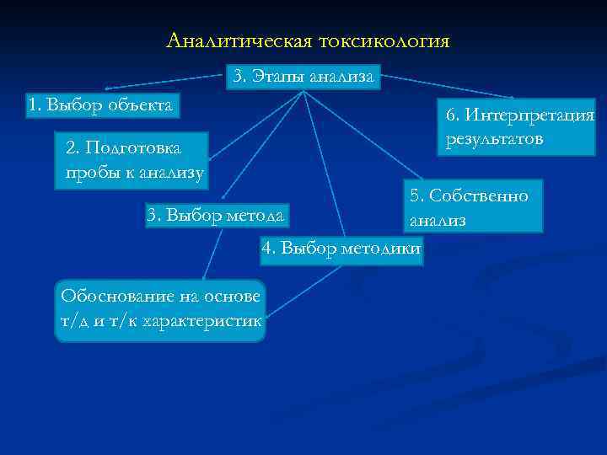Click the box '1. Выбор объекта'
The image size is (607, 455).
[x=101, y=105]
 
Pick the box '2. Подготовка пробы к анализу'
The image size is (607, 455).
[x=131, y=160]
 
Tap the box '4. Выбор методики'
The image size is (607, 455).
[x=342, y=249]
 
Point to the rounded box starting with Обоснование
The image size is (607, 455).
[x=159, y=309]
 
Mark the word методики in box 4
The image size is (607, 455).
[x=383, y=249]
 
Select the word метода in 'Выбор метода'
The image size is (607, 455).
[x=258, y=215]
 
